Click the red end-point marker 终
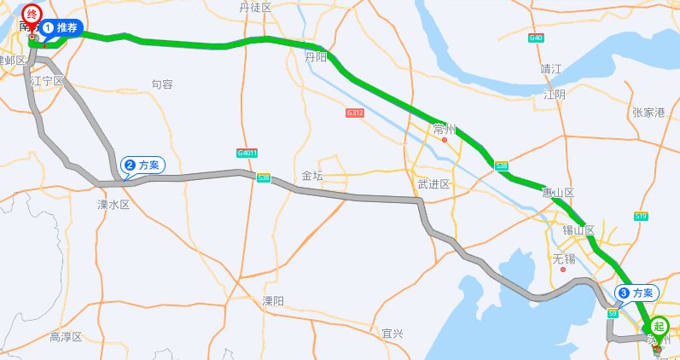tap(32, 15)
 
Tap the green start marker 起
tap(659, 325)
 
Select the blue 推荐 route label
tap(61, 27)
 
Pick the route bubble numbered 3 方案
tap(638, 293)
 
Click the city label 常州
tap(445, 130)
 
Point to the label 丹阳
tap(316, 57)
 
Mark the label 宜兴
tap(392, 333)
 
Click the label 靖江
tap(551, 68)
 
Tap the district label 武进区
tap(433, 184)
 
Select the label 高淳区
tap(66, 337)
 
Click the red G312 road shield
tap(355, 113)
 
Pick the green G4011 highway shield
tap(247, 153)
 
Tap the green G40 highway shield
tap(536, 38)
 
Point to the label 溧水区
tap(113, 205)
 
